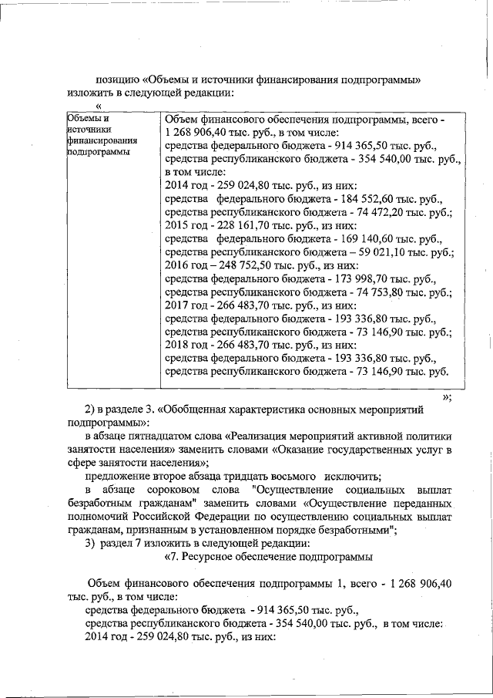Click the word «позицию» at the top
116,79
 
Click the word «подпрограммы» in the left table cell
97,152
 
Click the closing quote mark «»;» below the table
446,397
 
